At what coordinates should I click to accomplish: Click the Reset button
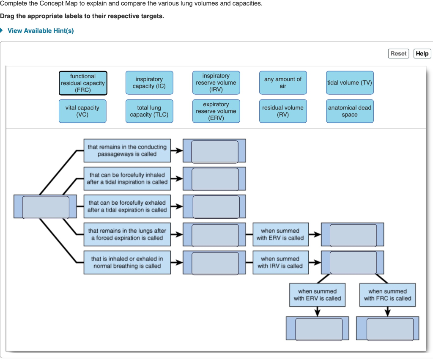398,53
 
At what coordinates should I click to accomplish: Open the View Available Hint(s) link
41,31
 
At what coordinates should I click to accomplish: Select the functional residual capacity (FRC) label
83,83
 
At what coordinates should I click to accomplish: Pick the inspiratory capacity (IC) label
149,82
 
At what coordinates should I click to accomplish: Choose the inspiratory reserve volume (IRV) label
216,82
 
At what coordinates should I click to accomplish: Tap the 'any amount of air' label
283,82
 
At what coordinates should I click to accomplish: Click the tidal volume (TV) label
350,82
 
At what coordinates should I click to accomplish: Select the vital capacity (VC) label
82,111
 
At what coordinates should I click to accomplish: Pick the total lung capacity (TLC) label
149,111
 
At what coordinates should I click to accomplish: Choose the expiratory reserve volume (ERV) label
216,111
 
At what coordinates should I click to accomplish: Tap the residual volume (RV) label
283,111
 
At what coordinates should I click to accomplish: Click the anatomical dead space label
350,111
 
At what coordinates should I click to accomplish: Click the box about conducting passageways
127,151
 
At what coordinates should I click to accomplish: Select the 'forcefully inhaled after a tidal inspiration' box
127,179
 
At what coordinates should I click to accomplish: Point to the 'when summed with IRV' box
280,262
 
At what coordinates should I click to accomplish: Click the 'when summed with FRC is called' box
387,295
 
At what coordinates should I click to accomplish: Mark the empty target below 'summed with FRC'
390,329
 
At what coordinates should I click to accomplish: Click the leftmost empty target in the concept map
46,207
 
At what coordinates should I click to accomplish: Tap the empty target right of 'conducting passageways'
215,151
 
